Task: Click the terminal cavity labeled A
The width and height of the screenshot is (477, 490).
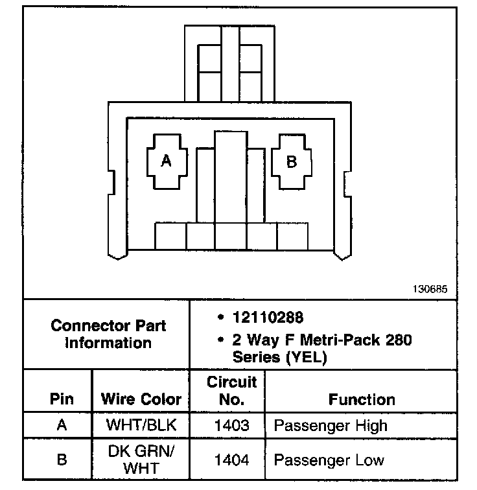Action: click(167, 161)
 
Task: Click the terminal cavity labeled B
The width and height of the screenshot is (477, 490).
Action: click(291, 161)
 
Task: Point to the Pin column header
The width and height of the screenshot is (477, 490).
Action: click(62, 399)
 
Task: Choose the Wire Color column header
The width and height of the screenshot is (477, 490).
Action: click(141, 399)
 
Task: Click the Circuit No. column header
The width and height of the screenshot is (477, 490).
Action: click(231, 391)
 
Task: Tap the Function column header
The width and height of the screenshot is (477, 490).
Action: click(362, 399)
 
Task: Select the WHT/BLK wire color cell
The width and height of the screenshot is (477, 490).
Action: click(141, 426)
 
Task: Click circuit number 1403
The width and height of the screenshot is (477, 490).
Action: click(231, 426)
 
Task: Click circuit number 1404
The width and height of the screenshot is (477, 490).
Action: click(231, 460)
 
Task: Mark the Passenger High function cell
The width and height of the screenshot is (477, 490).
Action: click(331, 426)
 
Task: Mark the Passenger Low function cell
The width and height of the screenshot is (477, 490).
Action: click(329, 460)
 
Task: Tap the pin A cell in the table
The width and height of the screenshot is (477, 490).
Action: click(62, 426)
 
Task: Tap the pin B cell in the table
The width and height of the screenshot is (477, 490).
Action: click(62, 460)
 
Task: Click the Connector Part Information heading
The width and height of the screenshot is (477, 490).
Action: click(108, 333)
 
